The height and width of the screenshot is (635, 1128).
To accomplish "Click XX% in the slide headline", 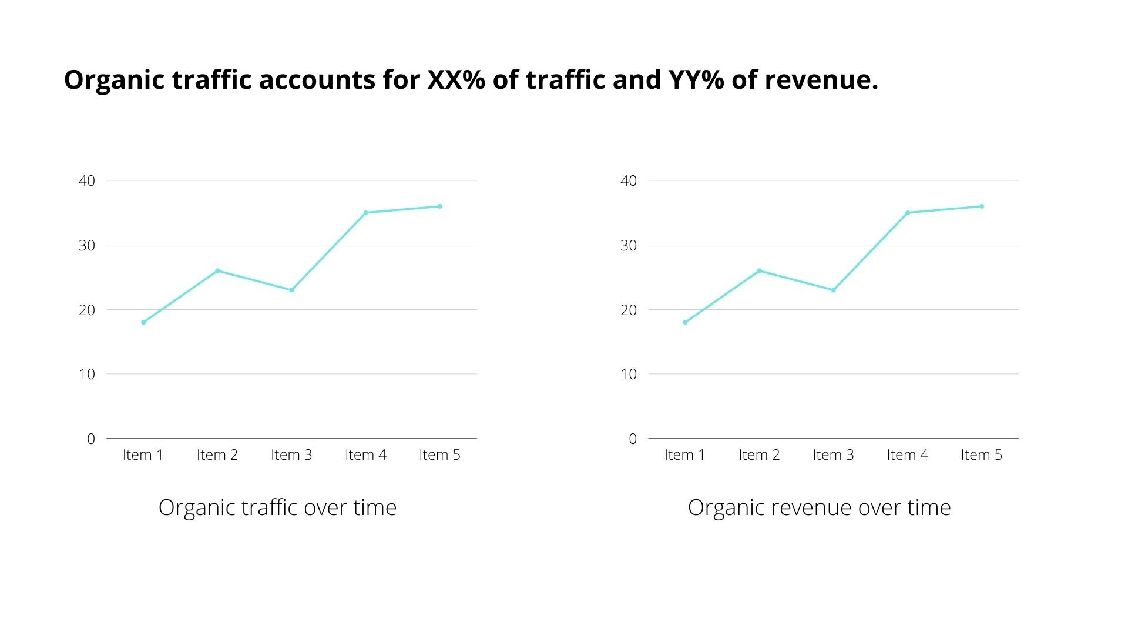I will tap(456, 80).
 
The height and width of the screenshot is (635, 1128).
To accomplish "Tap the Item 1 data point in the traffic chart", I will tap(143, 322).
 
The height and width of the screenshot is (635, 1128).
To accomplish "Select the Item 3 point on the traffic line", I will tap(291, 290).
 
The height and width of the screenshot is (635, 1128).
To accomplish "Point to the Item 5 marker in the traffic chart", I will tap(439, 206).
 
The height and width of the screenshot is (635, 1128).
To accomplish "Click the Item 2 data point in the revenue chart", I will tap(759, 270).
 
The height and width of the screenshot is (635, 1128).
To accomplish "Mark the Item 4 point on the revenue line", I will tap(907, 213).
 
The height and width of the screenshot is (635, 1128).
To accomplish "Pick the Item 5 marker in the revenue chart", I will tap(981, 206).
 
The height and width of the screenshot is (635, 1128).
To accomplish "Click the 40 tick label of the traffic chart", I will tap(87, 181).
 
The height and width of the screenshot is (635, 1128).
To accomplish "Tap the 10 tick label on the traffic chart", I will tap(87, 375).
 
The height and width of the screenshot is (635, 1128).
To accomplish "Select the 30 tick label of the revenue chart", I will tap(629, 246).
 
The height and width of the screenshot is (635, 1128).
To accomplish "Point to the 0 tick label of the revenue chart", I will tap(633, 439).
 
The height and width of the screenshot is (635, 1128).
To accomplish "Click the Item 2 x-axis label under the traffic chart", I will tap(217, 455).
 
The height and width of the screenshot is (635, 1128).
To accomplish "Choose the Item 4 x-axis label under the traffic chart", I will tap(365, 455).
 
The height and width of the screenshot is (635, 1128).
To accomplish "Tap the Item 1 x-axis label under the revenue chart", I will tap(684, 455).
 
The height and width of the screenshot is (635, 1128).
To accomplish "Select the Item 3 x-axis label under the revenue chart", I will tap(833, 455).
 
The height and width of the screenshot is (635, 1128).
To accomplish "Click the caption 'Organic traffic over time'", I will tap(277, 508).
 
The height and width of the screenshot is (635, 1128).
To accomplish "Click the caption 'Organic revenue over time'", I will tap(819, 508).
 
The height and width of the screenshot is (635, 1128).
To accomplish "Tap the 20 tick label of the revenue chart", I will tap(629, 310).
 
